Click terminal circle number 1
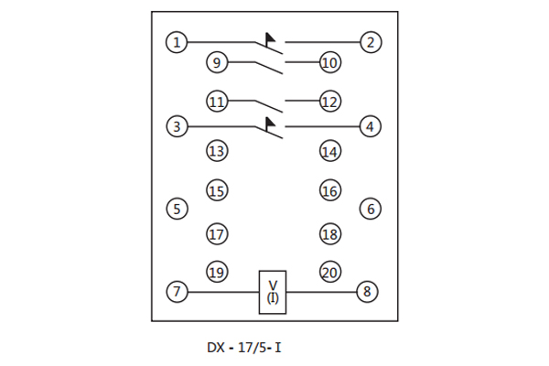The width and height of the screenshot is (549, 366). (177, 42)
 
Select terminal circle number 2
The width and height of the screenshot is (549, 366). (370, 42)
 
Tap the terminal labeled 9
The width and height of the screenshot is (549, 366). (216, 63)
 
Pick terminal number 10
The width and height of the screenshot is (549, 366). (329, 63)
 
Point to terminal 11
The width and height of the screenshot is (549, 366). (216, 102)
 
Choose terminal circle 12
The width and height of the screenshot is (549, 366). (329, 102)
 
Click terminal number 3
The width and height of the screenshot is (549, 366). (177, 126)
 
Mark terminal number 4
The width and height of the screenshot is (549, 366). (370, 126)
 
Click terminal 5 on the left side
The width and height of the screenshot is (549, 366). (177, 209)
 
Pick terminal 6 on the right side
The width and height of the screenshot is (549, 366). (370, 209)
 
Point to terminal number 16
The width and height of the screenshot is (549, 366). (329, 191)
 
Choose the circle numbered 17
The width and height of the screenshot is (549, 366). (216, 233)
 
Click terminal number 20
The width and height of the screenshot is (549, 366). (329, 272)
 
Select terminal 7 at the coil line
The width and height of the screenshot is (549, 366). (177, 293)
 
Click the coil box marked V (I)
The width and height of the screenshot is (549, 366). (273, 293)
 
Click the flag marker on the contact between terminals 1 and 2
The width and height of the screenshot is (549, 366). (270, 38)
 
